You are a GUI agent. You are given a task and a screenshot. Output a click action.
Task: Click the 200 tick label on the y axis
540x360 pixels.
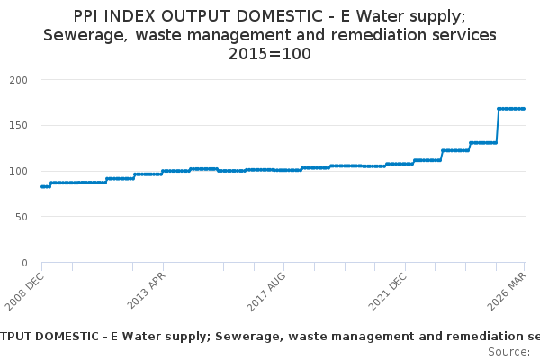click(x=18, y=80)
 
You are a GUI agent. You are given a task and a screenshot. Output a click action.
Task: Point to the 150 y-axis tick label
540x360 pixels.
click(x=18, y=126)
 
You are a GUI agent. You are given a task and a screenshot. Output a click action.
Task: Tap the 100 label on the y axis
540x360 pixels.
click(x=18, y=171)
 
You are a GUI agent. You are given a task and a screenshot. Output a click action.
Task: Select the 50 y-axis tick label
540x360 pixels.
click(x=22, y=217)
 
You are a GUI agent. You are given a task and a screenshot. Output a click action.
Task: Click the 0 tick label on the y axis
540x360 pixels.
click(x=25, y=263)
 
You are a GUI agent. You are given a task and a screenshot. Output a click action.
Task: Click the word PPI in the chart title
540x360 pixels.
click(x=89, y=16)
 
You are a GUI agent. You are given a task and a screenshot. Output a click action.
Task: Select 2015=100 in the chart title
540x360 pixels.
click(x=270, y=54)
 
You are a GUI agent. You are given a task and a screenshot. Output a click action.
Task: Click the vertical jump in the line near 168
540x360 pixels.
click(x=497, y=126)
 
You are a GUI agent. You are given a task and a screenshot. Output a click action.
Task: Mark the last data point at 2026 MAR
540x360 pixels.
click(x=524, y=109)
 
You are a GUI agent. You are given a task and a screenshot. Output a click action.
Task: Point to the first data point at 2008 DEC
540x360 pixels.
click(x=41, y=186)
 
